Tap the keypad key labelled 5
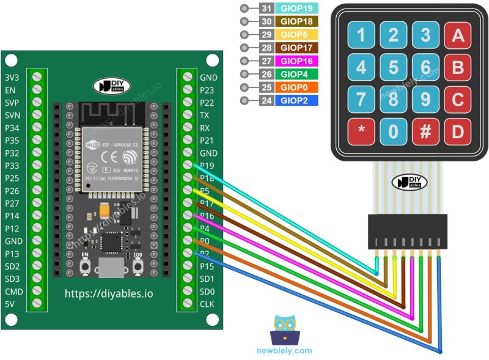pyautogui.click(x=394, y=67)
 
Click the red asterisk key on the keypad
pyautogui.click(x=361, y=131)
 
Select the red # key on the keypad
pyautogui.click(x=426, y=131)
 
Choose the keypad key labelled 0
pyautogui.click(x=394, y=131)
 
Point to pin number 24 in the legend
pyautogui.click(x=266, y=101)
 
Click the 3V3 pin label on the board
pyautogui.click(x=12, y=78)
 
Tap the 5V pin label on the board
pyautogui.click(x=10, y=304)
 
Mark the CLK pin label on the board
pyautogui.click(x=207, y=304)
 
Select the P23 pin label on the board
pyautogui.click(x=207, y=90)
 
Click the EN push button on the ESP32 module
pyautogui.click(x=86, y=266)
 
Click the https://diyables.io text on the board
pyautogui.click(x=109, y=294)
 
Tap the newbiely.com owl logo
pyautogui.click(x=285, y=331)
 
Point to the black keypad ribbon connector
pyautogui.click(x=408, y=231)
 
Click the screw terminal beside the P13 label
pyautogui.click(x=37, y=254)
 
